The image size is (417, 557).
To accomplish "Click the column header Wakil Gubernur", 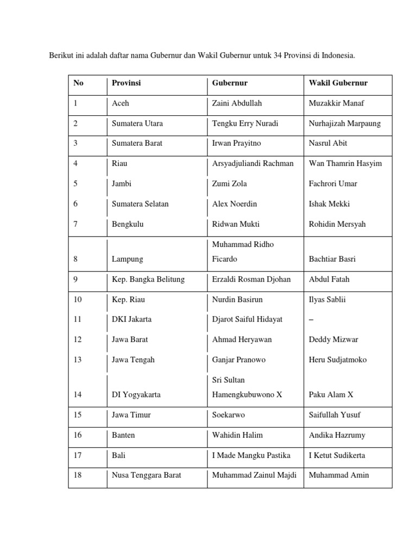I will tap(338, 83).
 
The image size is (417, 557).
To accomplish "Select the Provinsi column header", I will tap(126, 83).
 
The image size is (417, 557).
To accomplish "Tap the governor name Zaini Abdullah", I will tap(237, 103).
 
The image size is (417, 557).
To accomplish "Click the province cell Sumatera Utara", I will tap(137, 123).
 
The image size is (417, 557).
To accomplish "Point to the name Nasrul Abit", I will tap(327, 144).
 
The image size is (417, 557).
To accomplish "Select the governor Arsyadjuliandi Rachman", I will tap(252, 164).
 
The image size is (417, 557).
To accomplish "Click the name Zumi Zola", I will tap(229, 184).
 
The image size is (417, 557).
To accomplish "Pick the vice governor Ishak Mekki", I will tap(329, 204).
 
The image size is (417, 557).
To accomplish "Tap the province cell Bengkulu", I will tap(128, 224).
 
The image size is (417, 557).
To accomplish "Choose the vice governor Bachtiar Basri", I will tap(332, 259).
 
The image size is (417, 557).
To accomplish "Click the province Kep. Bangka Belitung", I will tap(148, 280).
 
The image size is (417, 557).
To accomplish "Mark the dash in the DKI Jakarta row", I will tap(311, 320).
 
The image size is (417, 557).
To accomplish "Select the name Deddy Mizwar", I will tap(333, 340).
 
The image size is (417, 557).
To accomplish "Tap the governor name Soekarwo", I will tap(228, 415).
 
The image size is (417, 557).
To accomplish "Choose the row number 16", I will tap(77, 435).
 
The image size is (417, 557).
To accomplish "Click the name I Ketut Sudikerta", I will tap(337, 455).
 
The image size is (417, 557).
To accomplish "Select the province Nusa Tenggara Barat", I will tap(146, 475).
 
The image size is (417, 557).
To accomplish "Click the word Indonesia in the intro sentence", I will tap(337, 55).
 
